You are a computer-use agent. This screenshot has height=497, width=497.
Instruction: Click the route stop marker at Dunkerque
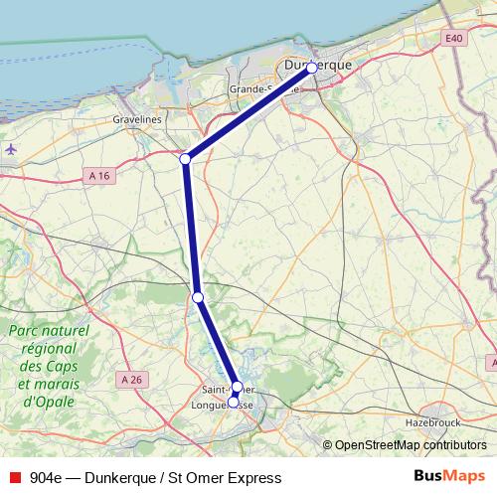[x=311, y=68]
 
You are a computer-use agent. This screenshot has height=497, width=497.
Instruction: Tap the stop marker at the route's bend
[x=185, y=159]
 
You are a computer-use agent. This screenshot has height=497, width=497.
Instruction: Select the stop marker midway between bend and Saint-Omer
[x=198, y=297]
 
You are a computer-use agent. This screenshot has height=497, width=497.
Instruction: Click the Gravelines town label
[x=138, y=119]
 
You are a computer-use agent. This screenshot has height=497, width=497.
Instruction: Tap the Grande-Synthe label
[x=254, y=89]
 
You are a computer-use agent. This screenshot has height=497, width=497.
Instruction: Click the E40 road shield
[x=455, y=38]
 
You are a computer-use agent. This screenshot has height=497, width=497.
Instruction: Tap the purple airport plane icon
[x=10, y=149]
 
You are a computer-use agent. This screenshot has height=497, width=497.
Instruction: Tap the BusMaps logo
[x=449, y=476]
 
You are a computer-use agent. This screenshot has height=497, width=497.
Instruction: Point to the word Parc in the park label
[x=25, y=330]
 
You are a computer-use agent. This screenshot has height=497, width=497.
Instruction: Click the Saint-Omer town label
[x=226, y=389]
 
